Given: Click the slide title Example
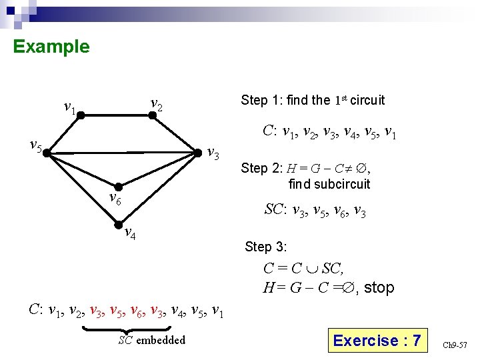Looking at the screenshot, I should [51, 47].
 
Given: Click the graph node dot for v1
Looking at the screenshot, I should [80, 115].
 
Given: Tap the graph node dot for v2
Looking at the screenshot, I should [152, 115].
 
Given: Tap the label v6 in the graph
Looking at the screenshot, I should [115, 198].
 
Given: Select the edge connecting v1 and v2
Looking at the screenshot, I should [116, 115].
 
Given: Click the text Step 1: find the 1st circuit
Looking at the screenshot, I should [313, 101].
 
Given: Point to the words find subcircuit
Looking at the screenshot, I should [329, 183].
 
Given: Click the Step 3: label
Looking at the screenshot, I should [265, 247].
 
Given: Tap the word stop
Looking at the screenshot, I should [379, 288].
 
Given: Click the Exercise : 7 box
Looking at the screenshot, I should [377, 341].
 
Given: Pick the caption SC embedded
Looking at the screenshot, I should [152, 341].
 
